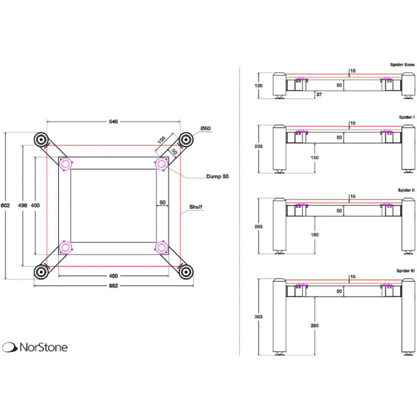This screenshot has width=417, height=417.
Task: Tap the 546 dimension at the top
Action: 114,121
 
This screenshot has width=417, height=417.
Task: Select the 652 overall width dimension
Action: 114,286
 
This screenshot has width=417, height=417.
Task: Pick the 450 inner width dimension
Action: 114,276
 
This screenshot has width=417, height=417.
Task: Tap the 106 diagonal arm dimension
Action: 161,139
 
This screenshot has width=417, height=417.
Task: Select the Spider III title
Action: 404,272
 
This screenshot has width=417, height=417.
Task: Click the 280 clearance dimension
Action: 314,326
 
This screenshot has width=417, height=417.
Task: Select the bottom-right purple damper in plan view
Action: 162,247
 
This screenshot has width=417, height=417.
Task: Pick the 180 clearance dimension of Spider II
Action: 314,234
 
